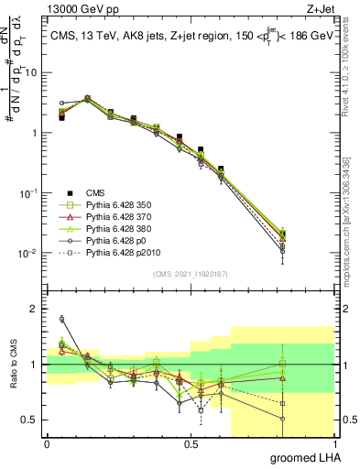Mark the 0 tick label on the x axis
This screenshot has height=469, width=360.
pyautogui.click(x=47, y=444)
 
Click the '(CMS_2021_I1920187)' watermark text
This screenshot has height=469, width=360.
pyautogui.click(x=191, y=274)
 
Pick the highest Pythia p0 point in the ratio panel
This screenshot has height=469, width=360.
pyautogui.click(x=61, y=319)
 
